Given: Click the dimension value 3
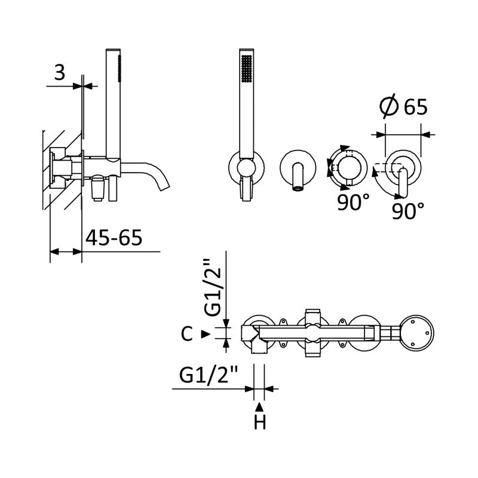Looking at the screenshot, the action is point(60,72).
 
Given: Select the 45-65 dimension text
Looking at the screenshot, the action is point(114,237).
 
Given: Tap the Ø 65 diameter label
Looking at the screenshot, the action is point(404,106).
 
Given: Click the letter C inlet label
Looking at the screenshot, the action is point(186,334).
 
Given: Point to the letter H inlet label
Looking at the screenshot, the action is point(260,423).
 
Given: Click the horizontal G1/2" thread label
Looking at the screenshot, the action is point(208,375).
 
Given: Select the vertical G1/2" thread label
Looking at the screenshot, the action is point(212,287).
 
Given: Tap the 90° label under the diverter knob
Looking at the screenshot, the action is point(353,202).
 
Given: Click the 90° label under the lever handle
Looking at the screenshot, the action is point(407,211).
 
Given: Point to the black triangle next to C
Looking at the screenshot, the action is point(206,334).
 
